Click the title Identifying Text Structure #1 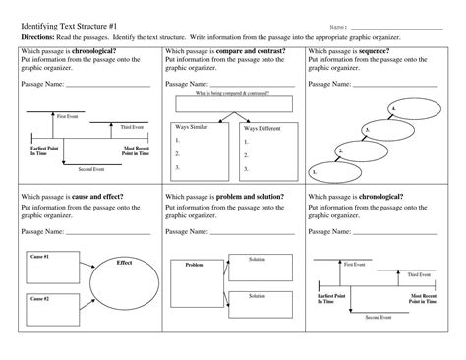pos(78,26)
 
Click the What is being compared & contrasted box pos(231,95)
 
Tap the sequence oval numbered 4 pos(409,107)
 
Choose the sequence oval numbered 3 pos(382,129)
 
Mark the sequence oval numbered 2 pos(358,150)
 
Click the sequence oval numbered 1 pos(332,170)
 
